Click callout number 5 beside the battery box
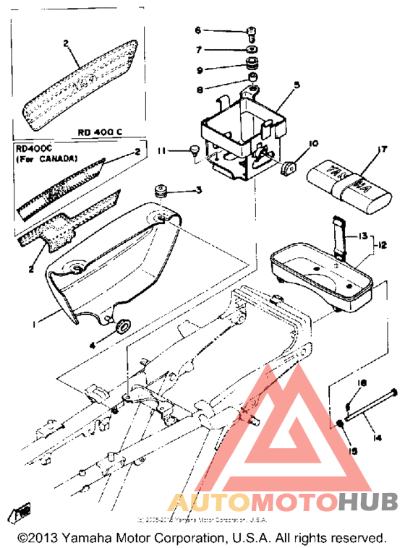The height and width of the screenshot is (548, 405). point(295,85)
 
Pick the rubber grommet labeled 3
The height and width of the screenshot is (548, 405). point(159,192)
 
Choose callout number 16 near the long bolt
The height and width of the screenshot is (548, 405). point(363,383)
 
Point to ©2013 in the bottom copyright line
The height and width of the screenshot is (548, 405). point(38,538)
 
